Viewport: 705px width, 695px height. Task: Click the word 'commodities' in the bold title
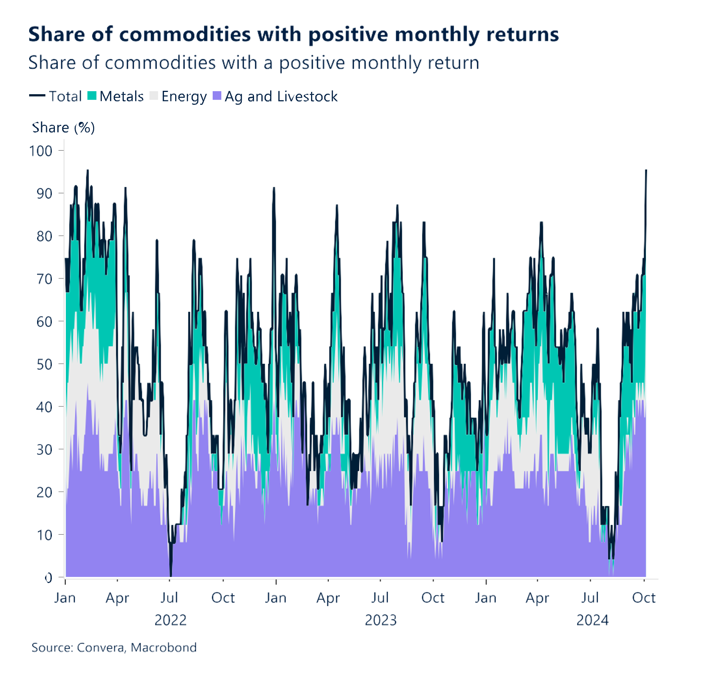[x=185, y=34]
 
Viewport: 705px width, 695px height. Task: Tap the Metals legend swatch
[x=92, y=96]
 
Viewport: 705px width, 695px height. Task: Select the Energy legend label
[x=184, y=96]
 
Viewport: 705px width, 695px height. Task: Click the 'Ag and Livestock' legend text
[x=281, y=96]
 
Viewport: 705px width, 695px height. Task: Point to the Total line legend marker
[x=37, y=96]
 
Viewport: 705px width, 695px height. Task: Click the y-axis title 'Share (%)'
[x=63, y=127]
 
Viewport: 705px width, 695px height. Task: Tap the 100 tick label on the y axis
[x=41, y=151]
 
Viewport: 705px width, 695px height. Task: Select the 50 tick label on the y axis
[x=44, y=364]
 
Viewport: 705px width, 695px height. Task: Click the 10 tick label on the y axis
[x=44, y=535]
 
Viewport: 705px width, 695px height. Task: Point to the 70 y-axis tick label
[x=44, y=279]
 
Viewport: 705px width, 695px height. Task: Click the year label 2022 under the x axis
[x=170, y=620]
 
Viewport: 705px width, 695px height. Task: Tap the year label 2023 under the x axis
[x=381, y=620]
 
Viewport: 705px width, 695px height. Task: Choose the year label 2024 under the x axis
[x=592, y=620]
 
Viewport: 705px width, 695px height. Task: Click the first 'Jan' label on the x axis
[x=65, y=598]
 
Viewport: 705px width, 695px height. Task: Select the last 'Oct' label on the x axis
[x=643, y=598]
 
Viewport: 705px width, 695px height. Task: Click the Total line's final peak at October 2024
[x=646, y=171]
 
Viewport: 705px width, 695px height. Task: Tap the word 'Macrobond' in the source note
[x=163, y=648]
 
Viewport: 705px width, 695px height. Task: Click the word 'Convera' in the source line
[x=100, y=648]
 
